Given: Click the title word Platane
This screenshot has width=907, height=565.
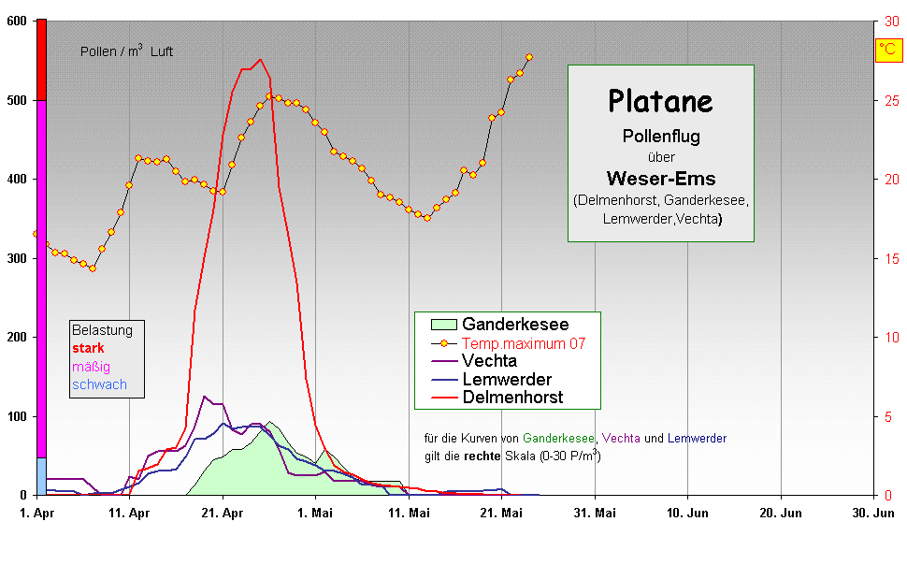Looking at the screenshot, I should pyautogui.click(x=660, y=100).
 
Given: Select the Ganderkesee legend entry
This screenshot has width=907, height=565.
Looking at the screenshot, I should pyautogui.click(x=515, y=325).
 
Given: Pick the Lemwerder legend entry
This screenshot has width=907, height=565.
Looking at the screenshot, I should pyautogui.click(x=507, y=379).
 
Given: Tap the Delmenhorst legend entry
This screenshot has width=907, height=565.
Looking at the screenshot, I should pyautogui.click(x=512, y=398).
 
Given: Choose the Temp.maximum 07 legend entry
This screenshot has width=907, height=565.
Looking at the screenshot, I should pyautogui.click(x=524, y=343).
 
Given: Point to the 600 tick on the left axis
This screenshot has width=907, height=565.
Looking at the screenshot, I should pyautogui.click(x=16, y=21).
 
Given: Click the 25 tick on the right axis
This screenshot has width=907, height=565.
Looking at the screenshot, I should pyautogui.click(x=892, y=100).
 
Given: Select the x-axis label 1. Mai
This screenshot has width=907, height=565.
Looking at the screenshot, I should pyautogui.click(x=315, y=514).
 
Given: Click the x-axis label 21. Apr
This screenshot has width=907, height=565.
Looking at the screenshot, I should pyautogui.click(x=222, y=514).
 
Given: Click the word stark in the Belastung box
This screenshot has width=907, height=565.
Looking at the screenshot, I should pyautogui.click(x=88, y=348).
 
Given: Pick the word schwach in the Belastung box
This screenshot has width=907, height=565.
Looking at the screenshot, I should pyautogui.click(x=99, y=384).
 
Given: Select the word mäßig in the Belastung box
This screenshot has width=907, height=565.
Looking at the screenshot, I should pyautogui.click(x=91, y=367).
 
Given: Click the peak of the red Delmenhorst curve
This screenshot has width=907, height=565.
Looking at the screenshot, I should pyautogui.click(x=260, y=60).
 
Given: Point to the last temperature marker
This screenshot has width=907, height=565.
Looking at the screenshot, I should pyautogui.click(x=529, y=57).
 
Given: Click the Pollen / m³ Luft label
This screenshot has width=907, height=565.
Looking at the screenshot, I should pyautogui.click(x=126, y=52).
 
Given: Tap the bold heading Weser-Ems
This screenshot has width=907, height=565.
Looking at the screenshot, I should pyautogui.click(x=660, y=178).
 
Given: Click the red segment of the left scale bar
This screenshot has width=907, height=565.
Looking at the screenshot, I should pyautogui.click(x=41, y=59).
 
